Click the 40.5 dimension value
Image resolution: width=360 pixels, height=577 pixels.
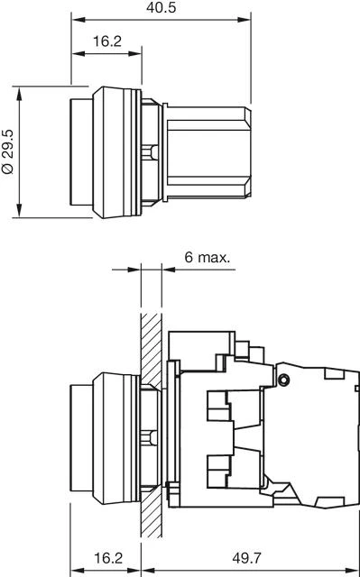(161, 7)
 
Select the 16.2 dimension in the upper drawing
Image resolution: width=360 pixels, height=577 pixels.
(107, 41)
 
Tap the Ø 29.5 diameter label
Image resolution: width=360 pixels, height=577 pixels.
(8, 153)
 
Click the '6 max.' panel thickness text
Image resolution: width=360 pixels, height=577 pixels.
(207, 257)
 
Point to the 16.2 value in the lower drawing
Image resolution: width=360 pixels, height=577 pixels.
(107, 558)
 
